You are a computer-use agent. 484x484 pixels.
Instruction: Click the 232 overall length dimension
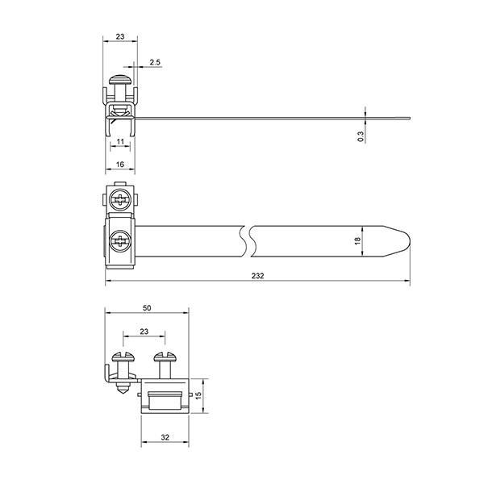point(258,276)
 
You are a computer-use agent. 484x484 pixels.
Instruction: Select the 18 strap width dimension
point(357,240)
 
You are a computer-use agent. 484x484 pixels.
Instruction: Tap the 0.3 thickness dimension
point(361,136)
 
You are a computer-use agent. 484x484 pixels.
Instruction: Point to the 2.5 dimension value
point(155,62)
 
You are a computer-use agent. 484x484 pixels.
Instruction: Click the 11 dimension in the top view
point(120,141)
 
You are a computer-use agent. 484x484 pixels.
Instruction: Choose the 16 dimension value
point(120,165)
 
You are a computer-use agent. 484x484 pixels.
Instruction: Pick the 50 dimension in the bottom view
point(147,308)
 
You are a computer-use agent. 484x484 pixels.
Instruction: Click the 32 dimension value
point(165,437)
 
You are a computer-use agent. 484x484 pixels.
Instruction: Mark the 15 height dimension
point(198,395)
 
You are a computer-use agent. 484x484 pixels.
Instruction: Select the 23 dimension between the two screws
point(144,332)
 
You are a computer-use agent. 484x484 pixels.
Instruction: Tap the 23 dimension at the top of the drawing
point(120,36)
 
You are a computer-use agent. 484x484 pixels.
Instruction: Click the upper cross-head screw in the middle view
point(119,199)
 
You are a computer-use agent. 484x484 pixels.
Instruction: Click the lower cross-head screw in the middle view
point(120,240)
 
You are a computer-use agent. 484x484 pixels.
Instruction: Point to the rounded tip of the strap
point(410,240)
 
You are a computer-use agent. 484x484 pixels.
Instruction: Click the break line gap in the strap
point(248,241)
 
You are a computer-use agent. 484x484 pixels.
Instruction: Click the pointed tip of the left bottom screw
point(123,396)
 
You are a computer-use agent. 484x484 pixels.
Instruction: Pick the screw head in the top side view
point(120,79)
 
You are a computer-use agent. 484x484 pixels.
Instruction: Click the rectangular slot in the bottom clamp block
point(165,400)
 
